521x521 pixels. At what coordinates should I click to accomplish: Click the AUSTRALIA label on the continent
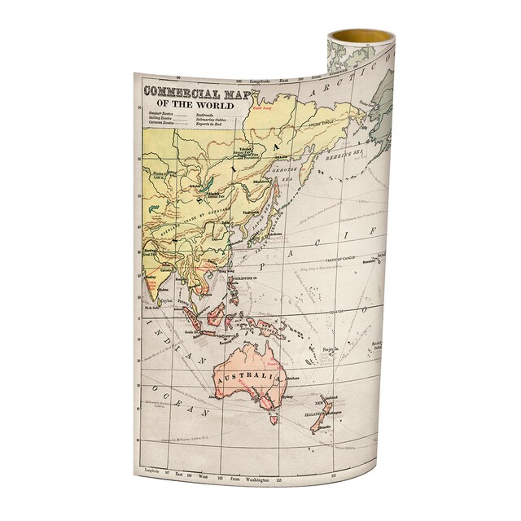247,378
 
